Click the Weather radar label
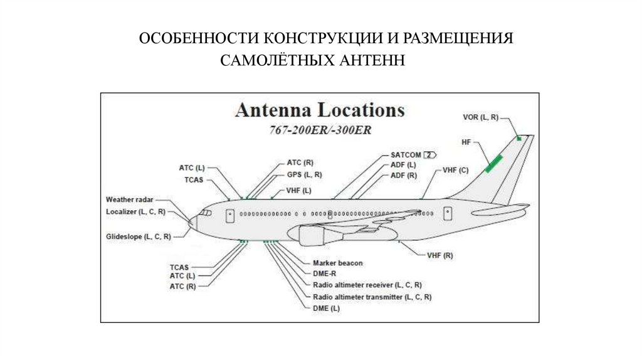coord(129,199)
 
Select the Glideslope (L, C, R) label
coord(136,236)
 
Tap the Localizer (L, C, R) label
coord(135,212)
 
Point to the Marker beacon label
coord(337,263)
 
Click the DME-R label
coord(325,273)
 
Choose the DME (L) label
coord(326,308)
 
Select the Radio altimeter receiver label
coord(367,285)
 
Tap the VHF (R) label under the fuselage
coord(439,256)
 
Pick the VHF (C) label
coord(455,170)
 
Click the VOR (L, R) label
coord(481,117)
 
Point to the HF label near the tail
coord(466,143)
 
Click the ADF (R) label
coord(403,176)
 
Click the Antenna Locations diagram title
coord(320,110)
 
